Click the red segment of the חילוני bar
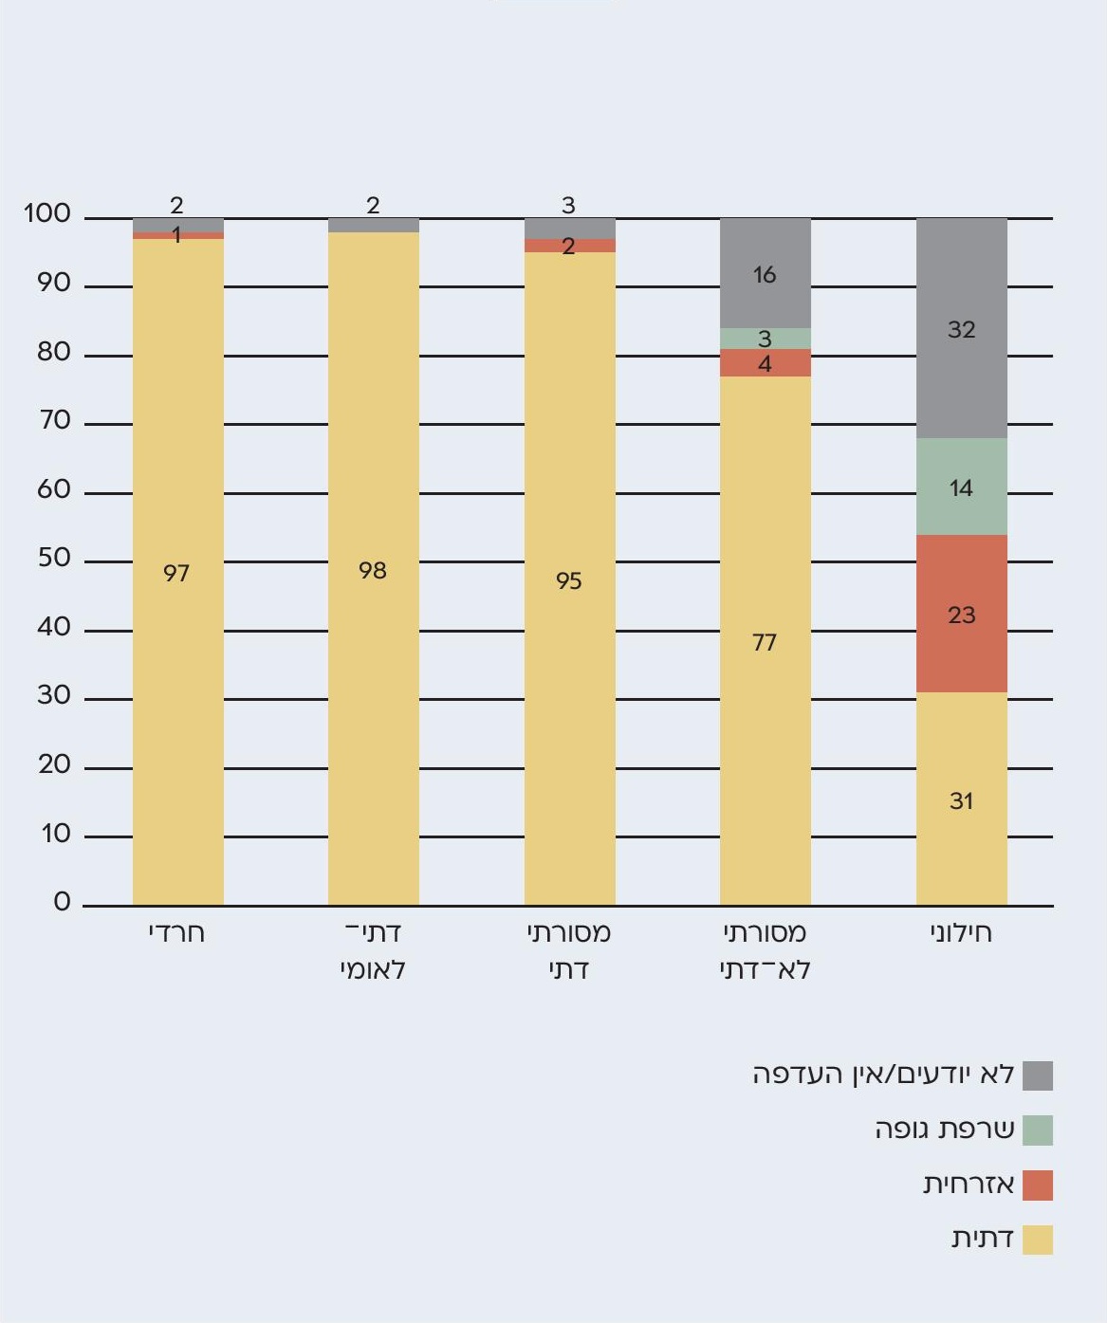(x=961, y=614)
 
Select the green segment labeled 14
(x=961, y=487)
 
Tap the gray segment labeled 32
(x=961, y=328)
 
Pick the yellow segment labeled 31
(x=961, y=799)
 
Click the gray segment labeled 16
(x=765, y=273)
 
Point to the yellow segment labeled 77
(x=765, y=641)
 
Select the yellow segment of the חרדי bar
(x=177, y=572)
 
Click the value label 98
(x=373, y=570)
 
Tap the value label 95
(x=569, y=580)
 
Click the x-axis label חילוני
(x=961, y=932)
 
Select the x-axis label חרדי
(x=177, y=932)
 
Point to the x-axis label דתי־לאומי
(x=373, y=951)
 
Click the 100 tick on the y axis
(x=47, y=214)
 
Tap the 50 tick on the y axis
(x=54, y=558)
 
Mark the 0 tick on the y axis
(x=62, y=902)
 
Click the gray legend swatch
(x=1038, y=1075)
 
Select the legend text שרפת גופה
(x=945, y=1130)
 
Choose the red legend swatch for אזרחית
(x=1038, y=1185)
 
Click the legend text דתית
(x=983, y=1239)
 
